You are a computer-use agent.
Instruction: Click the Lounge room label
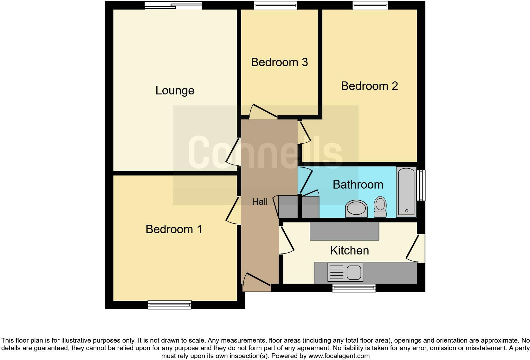tap(175, 91)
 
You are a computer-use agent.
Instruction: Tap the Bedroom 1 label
tap(174, 229)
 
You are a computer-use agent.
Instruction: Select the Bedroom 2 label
tap(369, 86)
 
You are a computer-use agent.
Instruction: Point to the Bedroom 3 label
tap(279, 62)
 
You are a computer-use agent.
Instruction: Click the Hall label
tap(260, 202)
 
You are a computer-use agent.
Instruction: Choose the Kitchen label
tap(349, 250)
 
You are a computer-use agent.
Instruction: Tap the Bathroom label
tap(358, 184)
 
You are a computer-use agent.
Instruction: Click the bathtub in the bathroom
tap(406, 192)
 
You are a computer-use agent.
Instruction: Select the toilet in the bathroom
tap(380, 207)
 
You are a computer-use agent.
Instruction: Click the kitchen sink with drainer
tap(345, 272)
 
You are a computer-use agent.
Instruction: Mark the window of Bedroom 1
tap(170, 305)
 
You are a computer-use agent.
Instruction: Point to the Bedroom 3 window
tap(276, 5)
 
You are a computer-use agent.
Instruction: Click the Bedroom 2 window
tap(370, 5)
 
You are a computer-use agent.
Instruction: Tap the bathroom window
tap(421, 185)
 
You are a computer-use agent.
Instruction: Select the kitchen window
tap(354, 288)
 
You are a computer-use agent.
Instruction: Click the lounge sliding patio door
tap(173, 5)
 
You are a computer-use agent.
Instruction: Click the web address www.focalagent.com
tap(339, 356)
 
